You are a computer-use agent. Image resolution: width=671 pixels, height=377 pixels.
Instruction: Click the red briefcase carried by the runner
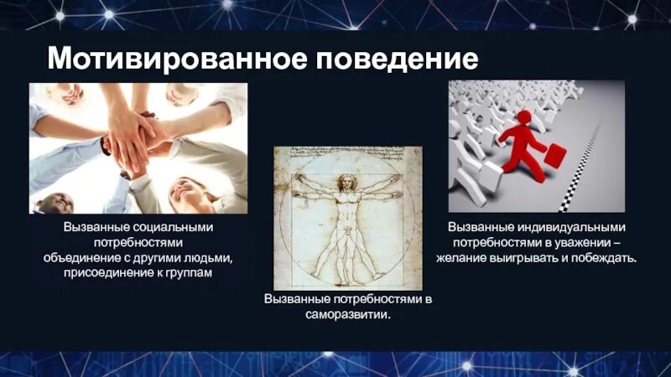tap(554, 157)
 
